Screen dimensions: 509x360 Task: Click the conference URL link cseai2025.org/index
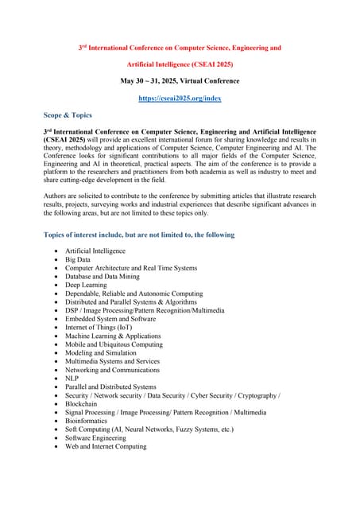point(180,98)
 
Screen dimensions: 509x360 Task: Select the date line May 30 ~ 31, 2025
point(180,81)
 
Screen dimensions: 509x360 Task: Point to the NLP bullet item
point(73,379)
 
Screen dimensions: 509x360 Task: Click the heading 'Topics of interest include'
point(138,235)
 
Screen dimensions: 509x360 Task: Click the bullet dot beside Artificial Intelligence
point(55,251)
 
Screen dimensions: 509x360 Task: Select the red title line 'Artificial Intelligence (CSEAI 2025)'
point(180,64)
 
